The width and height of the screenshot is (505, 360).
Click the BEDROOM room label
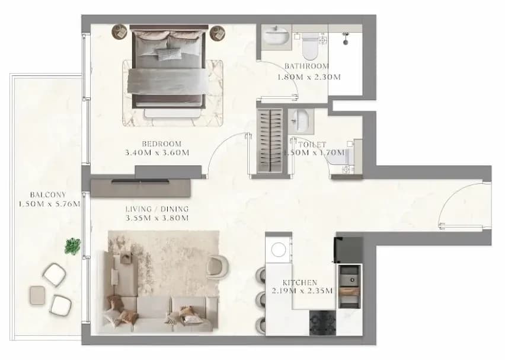(161, 144)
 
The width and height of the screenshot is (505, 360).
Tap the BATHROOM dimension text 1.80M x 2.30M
(309, 77)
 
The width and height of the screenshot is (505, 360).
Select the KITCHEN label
(300, 283)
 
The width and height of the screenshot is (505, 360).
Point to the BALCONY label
(48, 195)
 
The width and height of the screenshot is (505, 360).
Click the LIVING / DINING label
(157, 209)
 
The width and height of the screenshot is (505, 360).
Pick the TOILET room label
(312, 145)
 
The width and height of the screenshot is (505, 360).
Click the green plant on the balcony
(72, 246)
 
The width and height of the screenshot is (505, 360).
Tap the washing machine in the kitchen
(278, 250)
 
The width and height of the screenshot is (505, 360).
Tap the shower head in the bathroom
(346, 39)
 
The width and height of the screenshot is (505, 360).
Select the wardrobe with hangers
(270, 141)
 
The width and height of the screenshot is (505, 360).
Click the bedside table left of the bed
(120, 32)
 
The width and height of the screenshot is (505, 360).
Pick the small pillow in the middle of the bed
(168, 53)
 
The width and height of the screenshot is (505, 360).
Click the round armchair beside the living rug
(218, 266)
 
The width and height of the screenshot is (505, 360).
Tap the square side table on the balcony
(37, 295)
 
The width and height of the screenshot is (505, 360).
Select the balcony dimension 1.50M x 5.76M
(49, 204)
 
